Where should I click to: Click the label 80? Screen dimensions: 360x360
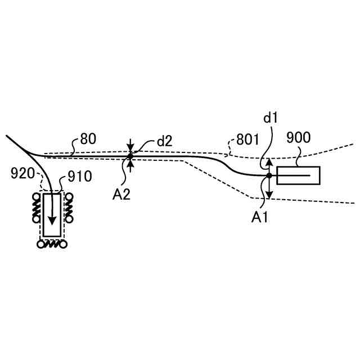pyautogui.click(x=88, y=139)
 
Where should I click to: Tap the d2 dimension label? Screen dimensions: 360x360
pyautogui.click(x=164, y=141)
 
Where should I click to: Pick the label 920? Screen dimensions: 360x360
pyautogui.click(x=22, y=173)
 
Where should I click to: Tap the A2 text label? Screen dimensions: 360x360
pyautogui.click(x=121, y=195)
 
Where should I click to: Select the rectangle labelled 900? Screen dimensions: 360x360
pyautogui.click(x=298, y=175)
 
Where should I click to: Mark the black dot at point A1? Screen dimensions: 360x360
pyautogui.click(x=269, y=175)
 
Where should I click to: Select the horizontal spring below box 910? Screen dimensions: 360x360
pyautogui.click(x=53, y=244)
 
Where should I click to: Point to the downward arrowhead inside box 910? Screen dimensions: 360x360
pyautogui.click(x=53, y=221)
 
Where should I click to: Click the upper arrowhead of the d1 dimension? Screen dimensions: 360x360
pyautogui.click(x=269, y=161)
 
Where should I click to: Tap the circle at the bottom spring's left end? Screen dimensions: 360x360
pyautogui.click(x=39, y=244)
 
